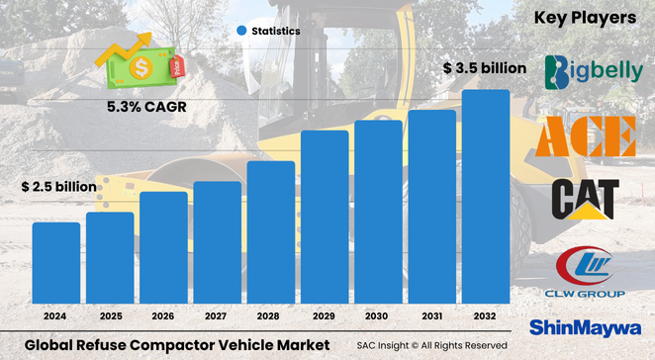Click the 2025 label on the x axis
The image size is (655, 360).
109,316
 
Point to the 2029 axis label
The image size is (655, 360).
325,316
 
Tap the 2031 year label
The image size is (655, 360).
432,316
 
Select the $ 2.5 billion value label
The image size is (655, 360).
59,186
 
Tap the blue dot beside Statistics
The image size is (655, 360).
240,32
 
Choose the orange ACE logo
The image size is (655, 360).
586,136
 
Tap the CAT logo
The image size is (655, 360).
586,198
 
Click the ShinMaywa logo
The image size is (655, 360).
589,326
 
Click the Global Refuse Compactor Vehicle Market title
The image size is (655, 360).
176,345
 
